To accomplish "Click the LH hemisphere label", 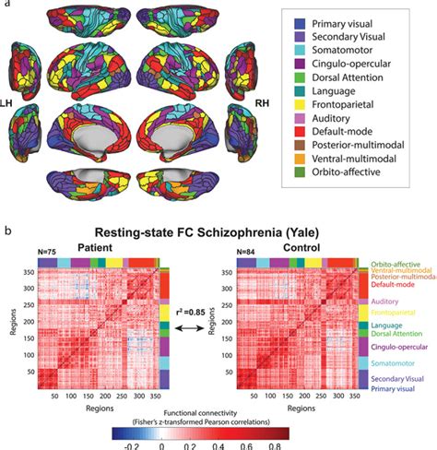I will (x=10, y=95).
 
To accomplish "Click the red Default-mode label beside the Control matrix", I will (x=394, y=284).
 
